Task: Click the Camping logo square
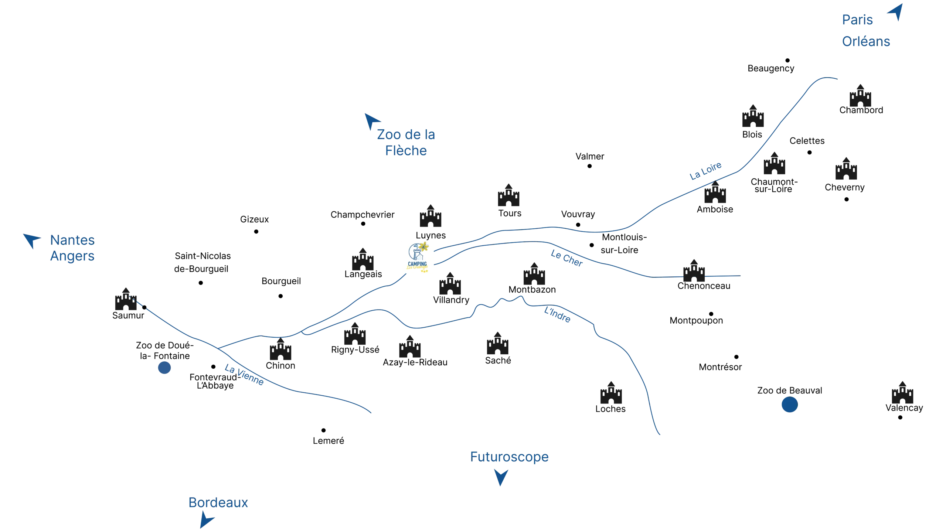coord(416,257)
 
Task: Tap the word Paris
coord(858,20)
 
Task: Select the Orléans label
coord(866,42)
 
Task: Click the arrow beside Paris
coord(896,12)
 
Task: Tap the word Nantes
coord(72,240)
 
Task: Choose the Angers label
coord(72,256)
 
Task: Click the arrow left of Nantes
coord(32,240)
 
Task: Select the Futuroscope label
coord(509,457)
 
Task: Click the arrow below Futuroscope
coord(501,477)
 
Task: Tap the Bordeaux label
coord(218,503)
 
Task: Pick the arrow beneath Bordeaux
coord(205,521)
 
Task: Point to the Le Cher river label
coord(566,259)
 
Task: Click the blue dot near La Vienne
coord(164,368)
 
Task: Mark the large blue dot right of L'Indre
coord(789,404)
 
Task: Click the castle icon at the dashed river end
coord(125,299)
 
